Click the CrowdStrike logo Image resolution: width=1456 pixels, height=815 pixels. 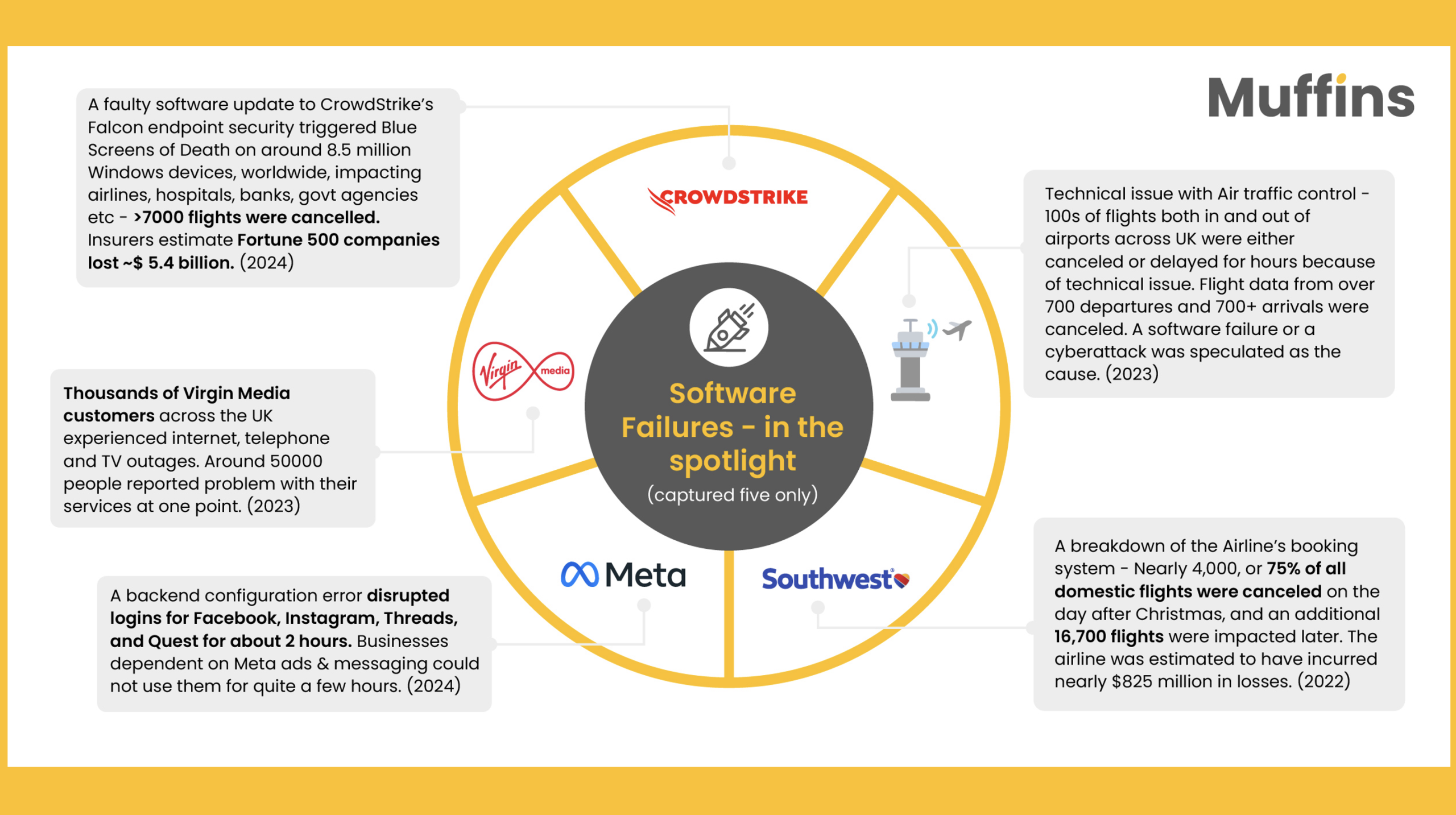[x=728, y=199]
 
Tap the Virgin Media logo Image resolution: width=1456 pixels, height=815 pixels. [x=523, y=371]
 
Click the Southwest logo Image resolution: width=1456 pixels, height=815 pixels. [x=835, y=579]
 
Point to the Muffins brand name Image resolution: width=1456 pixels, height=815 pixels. [x=1310, y=97]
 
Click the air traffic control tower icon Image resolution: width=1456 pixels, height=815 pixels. [x=910, y=361]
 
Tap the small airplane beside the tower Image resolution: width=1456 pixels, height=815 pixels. [x=958, y=329]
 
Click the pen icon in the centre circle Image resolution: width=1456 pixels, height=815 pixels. [x=729, y=329]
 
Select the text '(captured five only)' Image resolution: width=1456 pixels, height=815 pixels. [x=732, y=495]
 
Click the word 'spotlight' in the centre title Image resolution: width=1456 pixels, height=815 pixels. [x=732, y=461]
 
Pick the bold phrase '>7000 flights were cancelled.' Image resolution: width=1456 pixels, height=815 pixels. [x=257, y=217]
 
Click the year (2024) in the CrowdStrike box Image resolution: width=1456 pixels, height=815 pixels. [x=267, y=263]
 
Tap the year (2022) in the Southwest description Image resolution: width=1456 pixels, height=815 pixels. [x=1323, y=681]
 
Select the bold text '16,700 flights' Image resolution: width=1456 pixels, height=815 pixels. [x=1108, y=636]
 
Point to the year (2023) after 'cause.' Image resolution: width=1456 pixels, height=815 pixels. [x=1132, y=374]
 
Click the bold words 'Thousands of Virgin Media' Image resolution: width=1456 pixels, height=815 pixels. [x=176, y=393]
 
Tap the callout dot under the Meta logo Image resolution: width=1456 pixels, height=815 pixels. [x=644, y=605]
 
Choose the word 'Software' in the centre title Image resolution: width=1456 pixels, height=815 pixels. [x=732, y=394]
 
